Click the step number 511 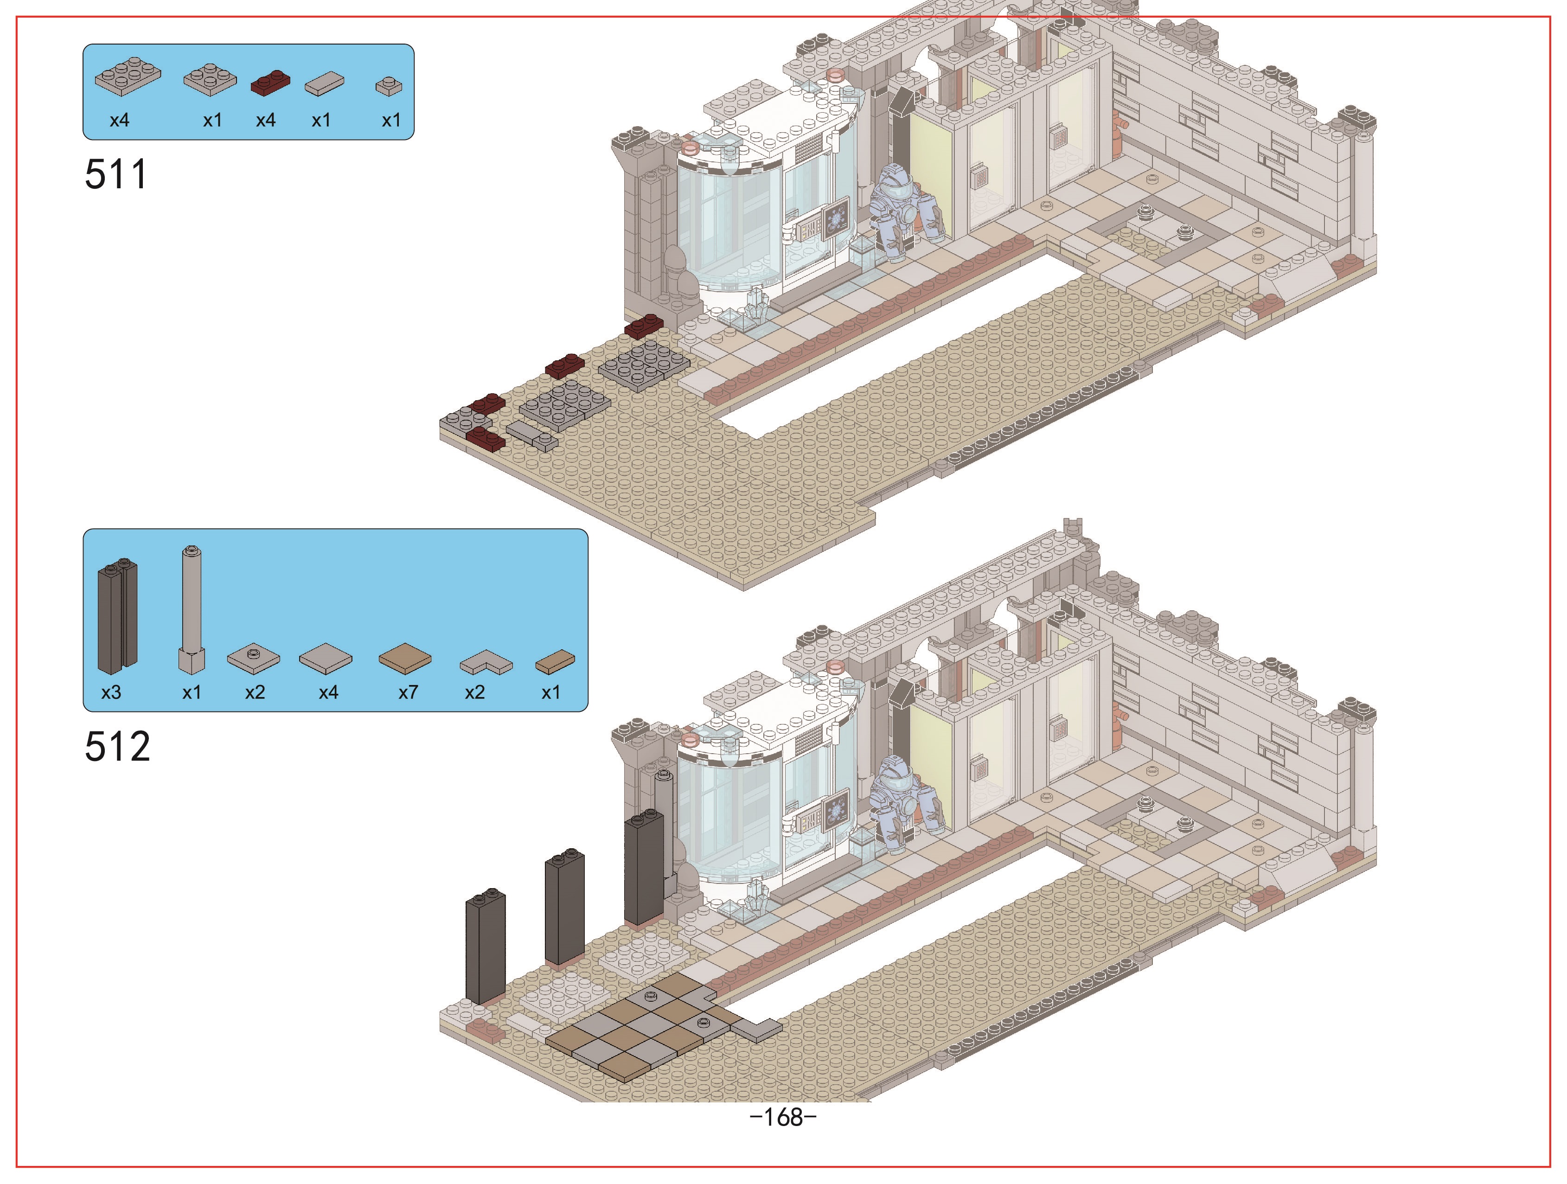pyautogui.click(x=116, y=174)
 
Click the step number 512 pyautogui.click(x=118, y=747)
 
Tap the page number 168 pyautogui.click(x=784, y=1117)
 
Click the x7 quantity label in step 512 pyautogui.click(x=408, y=692)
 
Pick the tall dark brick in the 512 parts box pyautogui.click(x=117, y=616)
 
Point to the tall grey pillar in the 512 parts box pyautogui.click(x=191, y=609)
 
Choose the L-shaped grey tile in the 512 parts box pyautogui.click(x=486, y=663)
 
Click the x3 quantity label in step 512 pyautogui.click(x=111, y=692)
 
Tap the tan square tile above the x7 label pyautogui.click(x=405, y=658)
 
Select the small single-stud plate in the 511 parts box pyautogui.click(x=388, y=86)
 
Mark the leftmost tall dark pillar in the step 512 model pyautogui.click(x=485, y=946)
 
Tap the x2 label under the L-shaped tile pyautogui.click(x=474, y=692)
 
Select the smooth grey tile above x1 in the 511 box pyautogui.click(x=325, y=84)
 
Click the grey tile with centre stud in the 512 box pyautogui.click(x=254, y=658)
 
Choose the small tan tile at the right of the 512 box pyautogui.click(x=555, y=662)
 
